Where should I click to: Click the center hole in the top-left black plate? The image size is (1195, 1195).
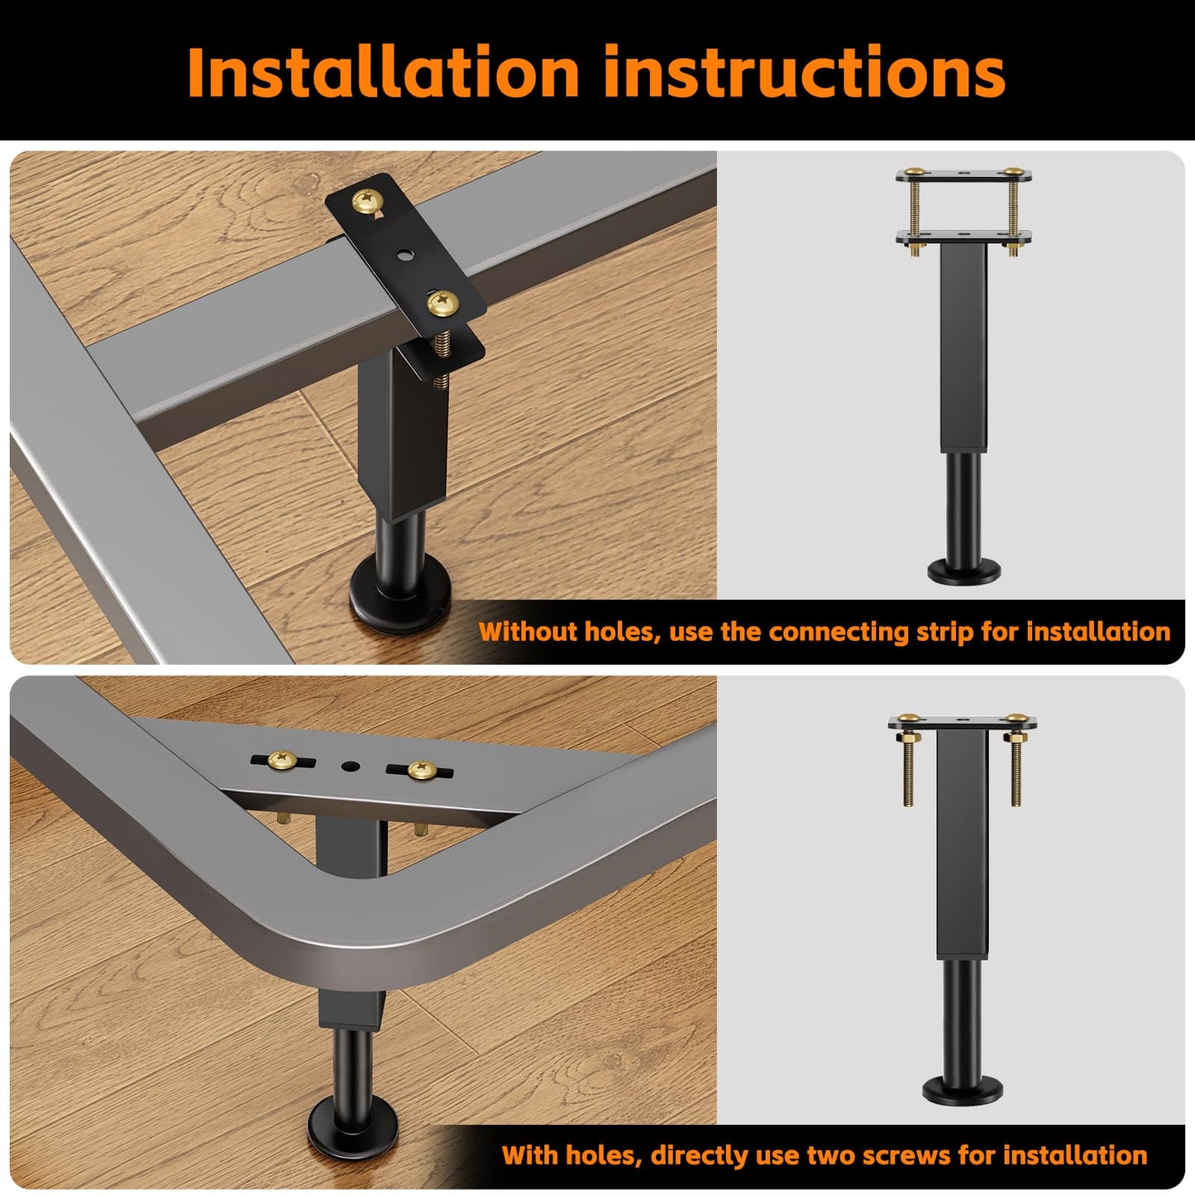point(404,254)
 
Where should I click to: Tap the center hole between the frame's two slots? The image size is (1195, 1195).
point(351,767)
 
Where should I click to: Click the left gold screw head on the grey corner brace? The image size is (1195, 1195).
point(282,760)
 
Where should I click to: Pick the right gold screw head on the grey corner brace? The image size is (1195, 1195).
point(423,770)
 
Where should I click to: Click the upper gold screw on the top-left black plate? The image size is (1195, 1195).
point(367,201)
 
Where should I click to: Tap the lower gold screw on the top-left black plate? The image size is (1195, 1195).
point(443,304)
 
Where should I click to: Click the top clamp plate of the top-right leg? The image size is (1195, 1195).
point(963,175)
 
